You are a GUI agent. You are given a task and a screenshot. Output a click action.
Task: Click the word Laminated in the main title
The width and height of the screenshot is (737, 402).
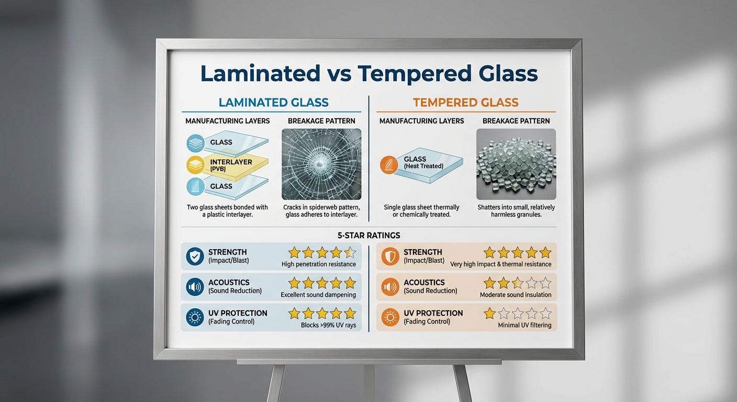click(x=260, y=74)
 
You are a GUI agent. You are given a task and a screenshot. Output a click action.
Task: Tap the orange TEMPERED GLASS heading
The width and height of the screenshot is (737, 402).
click(x=465, y=103)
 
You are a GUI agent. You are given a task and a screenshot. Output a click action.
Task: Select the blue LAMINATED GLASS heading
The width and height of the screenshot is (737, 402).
click(x=273, y=103)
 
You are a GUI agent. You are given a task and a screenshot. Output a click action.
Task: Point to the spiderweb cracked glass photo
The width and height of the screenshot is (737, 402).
click(x=321, y=164)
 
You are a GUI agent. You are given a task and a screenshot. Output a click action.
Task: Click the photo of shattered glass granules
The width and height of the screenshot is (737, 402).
click(x=516, y=164)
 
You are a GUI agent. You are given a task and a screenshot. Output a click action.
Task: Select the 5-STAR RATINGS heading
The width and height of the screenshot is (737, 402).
click(x=368, y=236)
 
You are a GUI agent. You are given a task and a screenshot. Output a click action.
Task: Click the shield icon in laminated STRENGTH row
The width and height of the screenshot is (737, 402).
click(x=195, y=256)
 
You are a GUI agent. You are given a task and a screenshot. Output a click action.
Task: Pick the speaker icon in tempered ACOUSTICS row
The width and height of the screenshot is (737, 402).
click(x=390, y=287)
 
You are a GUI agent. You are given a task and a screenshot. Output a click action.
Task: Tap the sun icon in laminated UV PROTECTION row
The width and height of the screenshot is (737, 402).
click(x=195, y=317)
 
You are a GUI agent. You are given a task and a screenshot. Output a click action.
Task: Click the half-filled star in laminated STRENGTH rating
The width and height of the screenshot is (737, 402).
click(x=350, y=253)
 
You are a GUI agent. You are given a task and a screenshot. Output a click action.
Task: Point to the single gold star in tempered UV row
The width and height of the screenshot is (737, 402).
click(x=489, y=314)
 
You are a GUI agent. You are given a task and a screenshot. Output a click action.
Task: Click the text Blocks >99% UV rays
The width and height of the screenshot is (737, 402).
click(x=328, y=325)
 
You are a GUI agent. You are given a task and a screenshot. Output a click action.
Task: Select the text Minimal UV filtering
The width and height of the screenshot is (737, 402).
click(x=524, y=325)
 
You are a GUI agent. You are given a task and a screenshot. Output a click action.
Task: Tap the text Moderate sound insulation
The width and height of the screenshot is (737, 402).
click(x=516, y=295)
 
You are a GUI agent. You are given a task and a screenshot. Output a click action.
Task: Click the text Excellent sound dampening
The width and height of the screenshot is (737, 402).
click(x=318, y=295)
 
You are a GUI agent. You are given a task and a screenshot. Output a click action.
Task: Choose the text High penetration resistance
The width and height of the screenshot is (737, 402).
click(x=319, y=264)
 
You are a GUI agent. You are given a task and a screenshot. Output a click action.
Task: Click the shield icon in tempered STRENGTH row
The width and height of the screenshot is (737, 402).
click(x=390, y=256)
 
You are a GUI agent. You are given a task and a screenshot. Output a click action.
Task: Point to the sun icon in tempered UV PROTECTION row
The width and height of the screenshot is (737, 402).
click(x=390, y=317)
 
